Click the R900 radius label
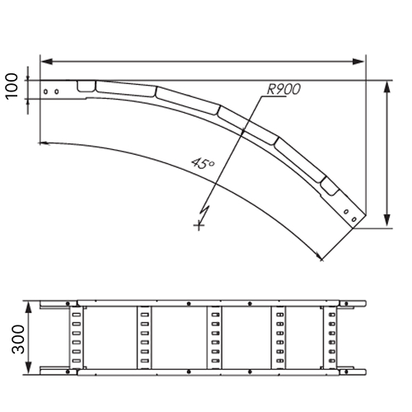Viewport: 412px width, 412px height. pyautogui.click(x=283, y=89)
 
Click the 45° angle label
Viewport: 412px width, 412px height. pyautogui.click(x=203, y=163)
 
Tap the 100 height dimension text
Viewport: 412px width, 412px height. pyautogui.click(x=12, y=85)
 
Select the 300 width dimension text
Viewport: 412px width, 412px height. pyautogui.click(x=18, y=339)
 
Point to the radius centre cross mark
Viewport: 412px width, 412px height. pyautogui.click(x=199, y=226)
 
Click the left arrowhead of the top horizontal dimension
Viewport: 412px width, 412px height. pyautogui.click(x=46, y=62)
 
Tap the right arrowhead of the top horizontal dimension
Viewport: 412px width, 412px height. pyautogui.click(x=358, y=62)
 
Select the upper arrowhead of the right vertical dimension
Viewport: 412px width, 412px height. pyautogui.click(x=386, y=87)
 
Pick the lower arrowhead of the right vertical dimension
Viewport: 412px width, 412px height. pyautogui.click(x=386, y=220)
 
